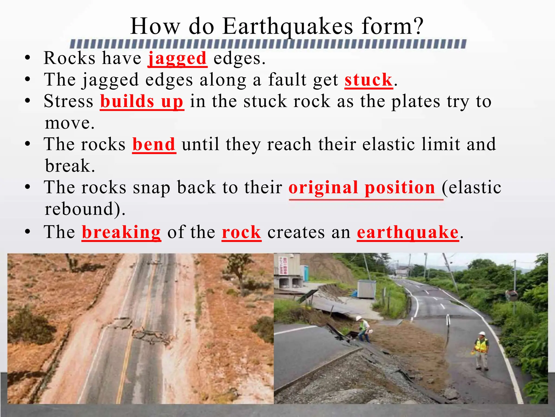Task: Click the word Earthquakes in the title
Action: coord(288,26)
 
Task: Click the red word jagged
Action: coord(178,58)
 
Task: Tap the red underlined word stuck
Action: coord(369,80)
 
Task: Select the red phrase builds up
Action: coord(142,101)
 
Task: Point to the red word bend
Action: coord(154,144)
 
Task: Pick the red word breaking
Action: coord(121,232)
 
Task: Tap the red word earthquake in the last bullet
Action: coord(408,232)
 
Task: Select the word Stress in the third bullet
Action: coord(69,101)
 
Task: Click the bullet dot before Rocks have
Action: coord(27,58)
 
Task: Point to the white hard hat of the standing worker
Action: coord(482,333)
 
